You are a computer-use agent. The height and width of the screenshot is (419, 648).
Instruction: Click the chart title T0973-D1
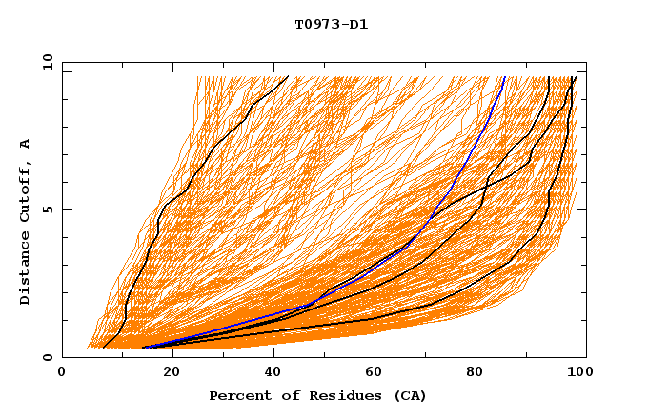pos(332,25)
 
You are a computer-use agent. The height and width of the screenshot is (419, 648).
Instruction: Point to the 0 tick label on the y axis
pos(47,358)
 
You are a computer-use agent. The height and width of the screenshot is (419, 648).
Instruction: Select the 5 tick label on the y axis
pos(47,209)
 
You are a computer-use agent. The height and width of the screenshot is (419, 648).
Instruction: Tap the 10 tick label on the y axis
pos(45,62)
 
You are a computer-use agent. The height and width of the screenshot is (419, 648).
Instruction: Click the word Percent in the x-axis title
pos(237,396)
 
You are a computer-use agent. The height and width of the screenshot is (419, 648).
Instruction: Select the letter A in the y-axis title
pos(25,143)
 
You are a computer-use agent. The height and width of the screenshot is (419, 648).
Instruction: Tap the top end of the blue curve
pos(504,78)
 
